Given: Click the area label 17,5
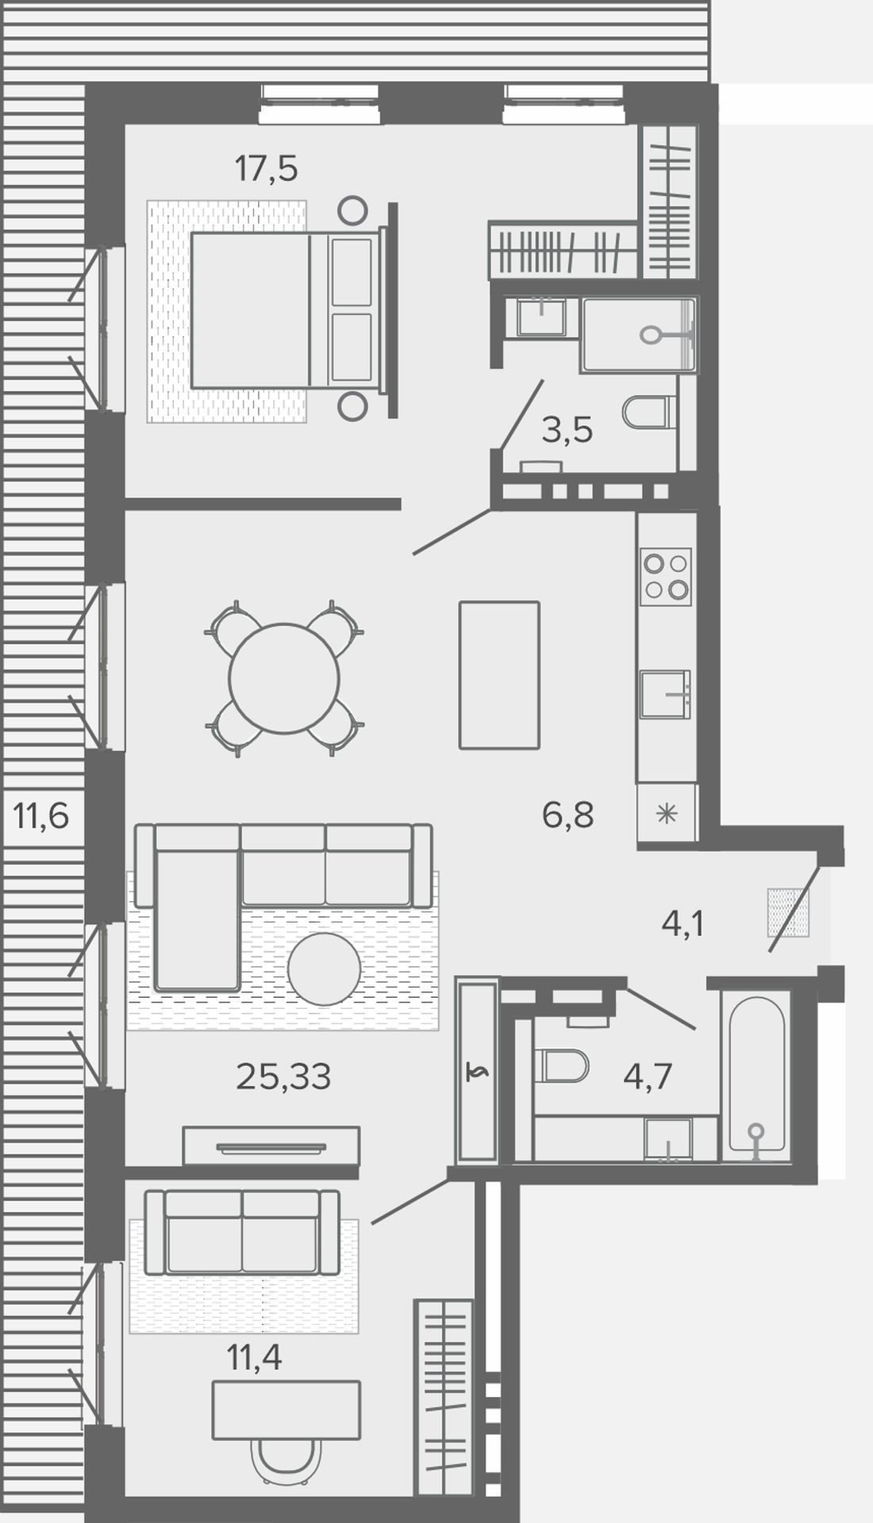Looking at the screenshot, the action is pos(266,169).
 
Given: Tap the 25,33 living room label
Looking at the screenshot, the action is pos(283,1076).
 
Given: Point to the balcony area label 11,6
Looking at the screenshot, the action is pos(41,815).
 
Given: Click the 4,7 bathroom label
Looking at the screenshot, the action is pos(648,1076).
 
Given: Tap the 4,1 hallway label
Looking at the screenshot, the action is pos(683,924).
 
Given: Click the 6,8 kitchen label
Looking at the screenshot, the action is pos(568,815).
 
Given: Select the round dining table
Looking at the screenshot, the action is pos(284,678).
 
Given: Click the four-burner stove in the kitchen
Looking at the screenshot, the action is pos(667,577).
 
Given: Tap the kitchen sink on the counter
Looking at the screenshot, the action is pos(666,694).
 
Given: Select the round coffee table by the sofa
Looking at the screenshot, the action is pos(324,969).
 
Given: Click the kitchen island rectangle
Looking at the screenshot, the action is pos(499,675).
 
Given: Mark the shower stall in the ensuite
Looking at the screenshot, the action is pos(639,335).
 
